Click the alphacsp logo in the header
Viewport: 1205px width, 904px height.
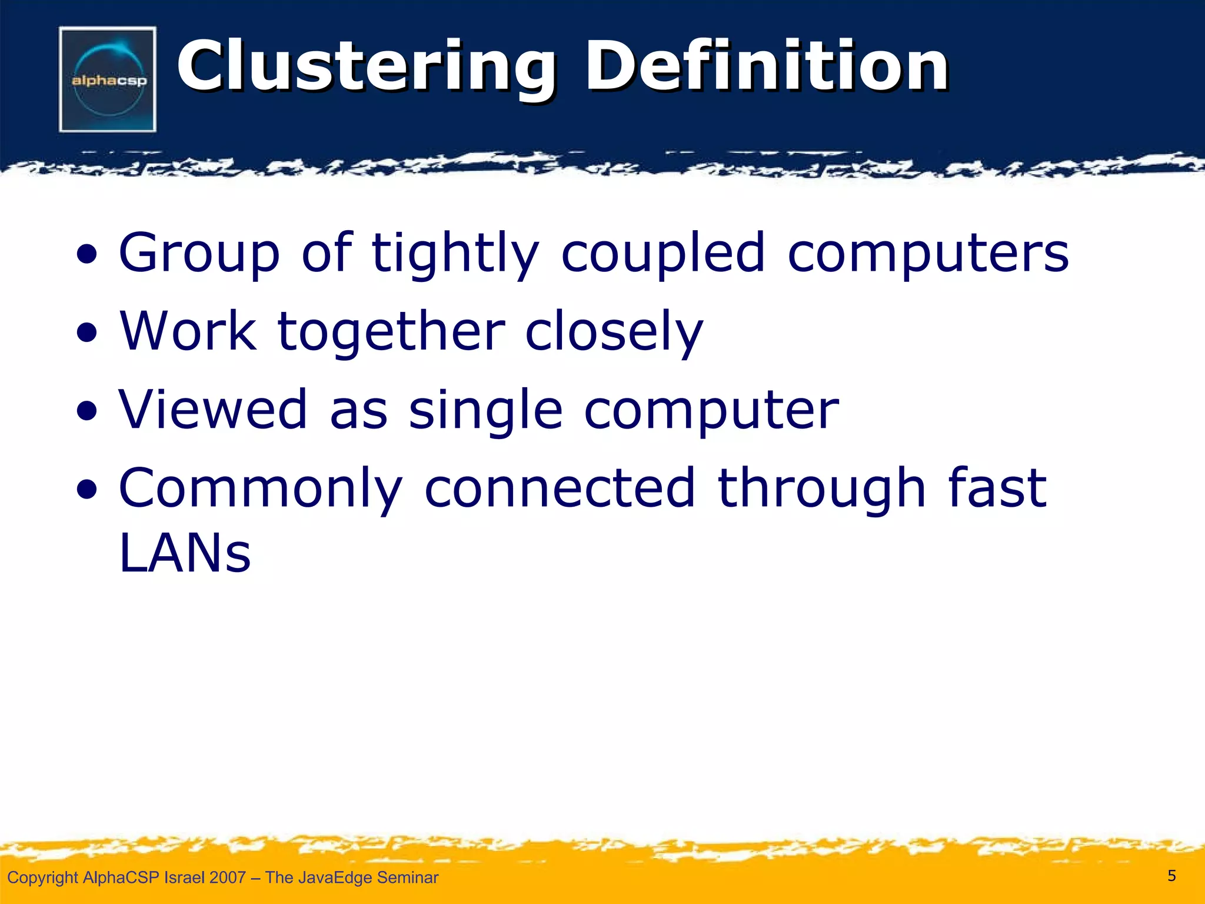point(108,79)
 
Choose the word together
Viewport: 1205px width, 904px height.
point(391,333)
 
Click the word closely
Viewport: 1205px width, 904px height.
point(614,333)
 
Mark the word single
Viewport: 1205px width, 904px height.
point(485,411)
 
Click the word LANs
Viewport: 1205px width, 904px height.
point(185,553)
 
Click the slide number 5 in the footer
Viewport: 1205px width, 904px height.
point(1171,876)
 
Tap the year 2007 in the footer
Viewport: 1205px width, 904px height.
point(227,878)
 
